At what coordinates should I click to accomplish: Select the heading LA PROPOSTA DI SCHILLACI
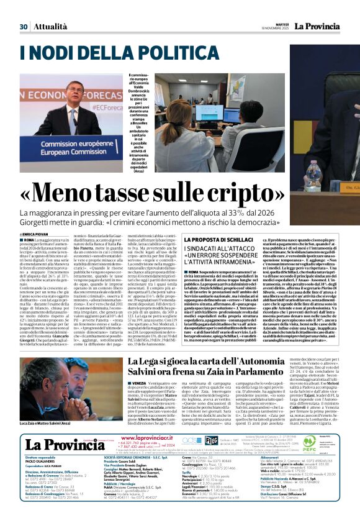(x=207, y=240)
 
